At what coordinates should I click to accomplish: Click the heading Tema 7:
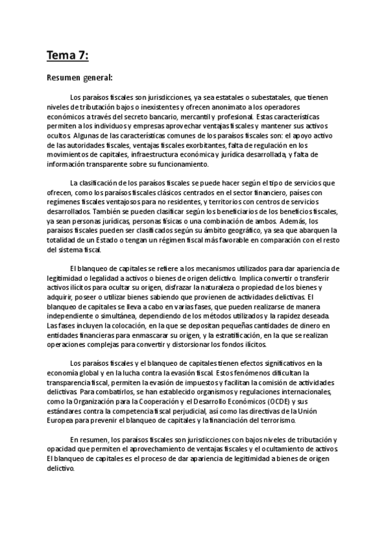tap(66, 56)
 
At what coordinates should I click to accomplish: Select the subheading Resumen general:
tap(79, 78)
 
